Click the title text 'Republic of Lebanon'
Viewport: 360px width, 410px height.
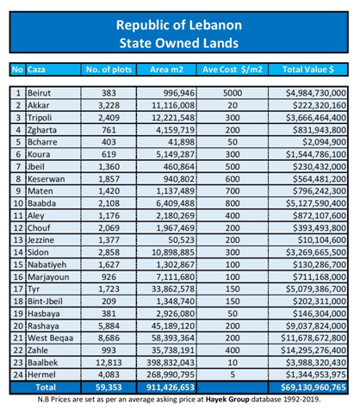179,25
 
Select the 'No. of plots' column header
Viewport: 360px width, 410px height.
109,70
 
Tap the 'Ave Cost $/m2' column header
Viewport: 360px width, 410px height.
233,70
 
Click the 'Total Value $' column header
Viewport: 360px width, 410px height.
308,70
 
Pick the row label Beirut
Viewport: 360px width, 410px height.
39,93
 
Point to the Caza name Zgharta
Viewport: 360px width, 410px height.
42,130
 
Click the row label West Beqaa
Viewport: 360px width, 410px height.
50,339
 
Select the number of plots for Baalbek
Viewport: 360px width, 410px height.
109,363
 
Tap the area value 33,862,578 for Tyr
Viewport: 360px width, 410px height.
173,289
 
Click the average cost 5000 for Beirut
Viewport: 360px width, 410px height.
233,93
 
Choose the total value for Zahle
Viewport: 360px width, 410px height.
313,351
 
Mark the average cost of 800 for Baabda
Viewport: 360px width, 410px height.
233,203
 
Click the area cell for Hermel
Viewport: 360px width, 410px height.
171,375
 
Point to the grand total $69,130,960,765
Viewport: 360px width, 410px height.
313,388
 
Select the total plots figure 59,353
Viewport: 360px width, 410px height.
109,388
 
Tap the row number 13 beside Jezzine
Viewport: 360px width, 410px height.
18,240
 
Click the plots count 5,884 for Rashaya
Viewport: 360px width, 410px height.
109,326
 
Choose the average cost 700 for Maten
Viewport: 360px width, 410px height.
233,191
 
